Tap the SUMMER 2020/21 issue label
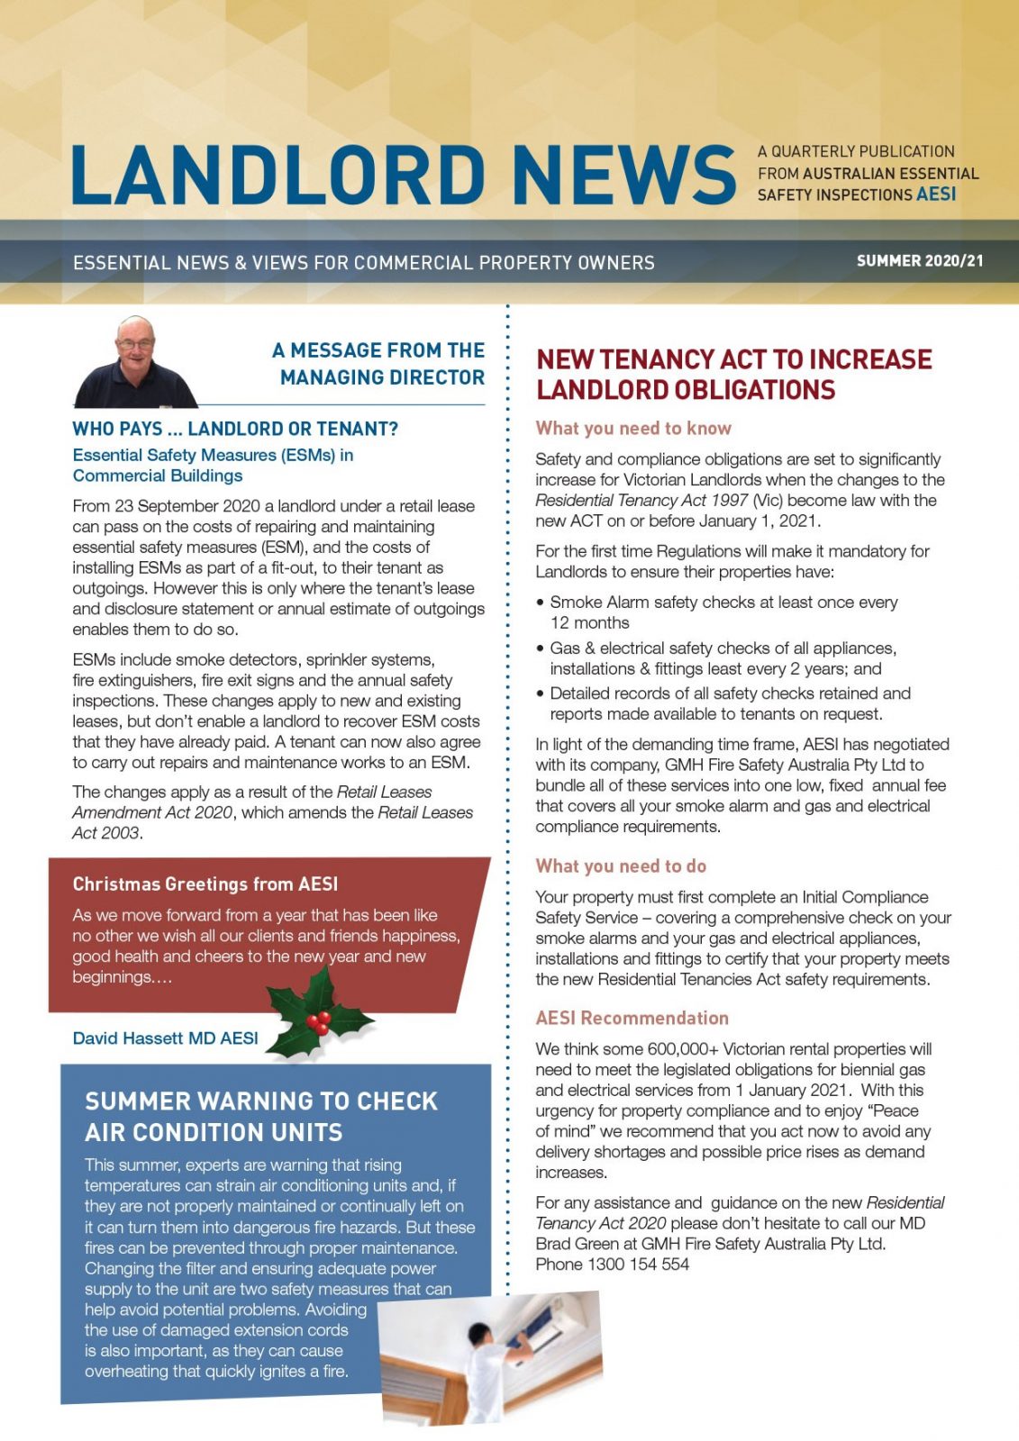coord(919,261)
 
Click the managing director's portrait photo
coord(135,362)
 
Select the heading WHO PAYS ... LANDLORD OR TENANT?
coord(235,429)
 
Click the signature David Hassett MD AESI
coord(165,1038)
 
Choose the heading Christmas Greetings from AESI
coord(205,884)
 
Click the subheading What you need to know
coord(633,429)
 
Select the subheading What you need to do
coord(621,866)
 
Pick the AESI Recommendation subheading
coord(632,1019)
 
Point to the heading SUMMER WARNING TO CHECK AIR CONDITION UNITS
coord(261,1117)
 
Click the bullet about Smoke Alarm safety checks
coord(723,612)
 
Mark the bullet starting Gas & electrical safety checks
coord(723,658)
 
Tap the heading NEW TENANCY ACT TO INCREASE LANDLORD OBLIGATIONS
coord(733,375)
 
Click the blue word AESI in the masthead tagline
coord(936,195)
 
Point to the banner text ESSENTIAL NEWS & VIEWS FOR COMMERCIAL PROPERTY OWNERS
coord(364,263)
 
